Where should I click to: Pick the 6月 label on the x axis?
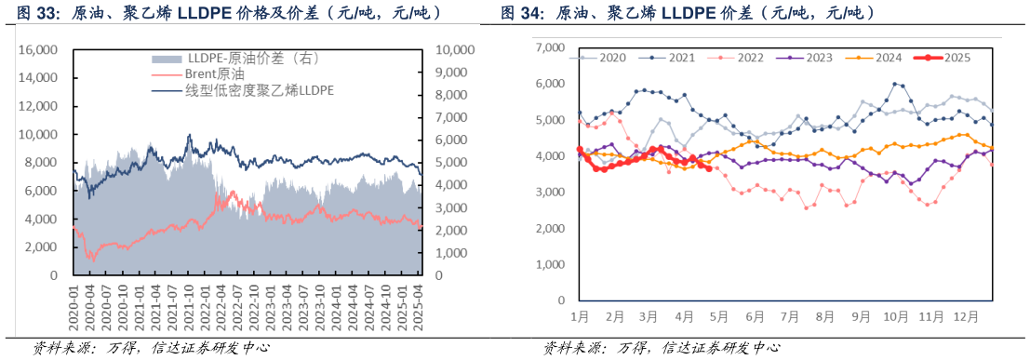tap(756, 317)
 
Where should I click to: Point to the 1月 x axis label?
tap(579, 317)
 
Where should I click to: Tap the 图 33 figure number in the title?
tap(34, 13)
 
